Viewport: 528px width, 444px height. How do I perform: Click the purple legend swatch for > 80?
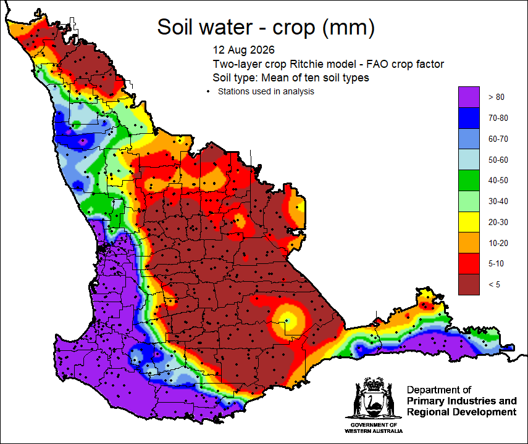pos(469,97)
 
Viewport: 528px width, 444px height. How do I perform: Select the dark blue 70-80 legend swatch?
pos(469,118)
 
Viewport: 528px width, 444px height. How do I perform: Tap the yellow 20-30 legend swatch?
pos(469,222)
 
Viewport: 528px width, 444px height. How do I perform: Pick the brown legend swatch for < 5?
pos(469,284)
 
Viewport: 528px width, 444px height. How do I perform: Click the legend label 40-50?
pos(498,180)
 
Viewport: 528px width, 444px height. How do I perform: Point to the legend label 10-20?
pos(498,243)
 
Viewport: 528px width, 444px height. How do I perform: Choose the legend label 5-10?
pos(496,263)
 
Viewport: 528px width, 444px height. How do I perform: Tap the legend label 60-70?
pos(498,139)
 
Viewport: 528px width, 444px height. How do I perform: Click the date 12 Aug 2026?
pos(243,50)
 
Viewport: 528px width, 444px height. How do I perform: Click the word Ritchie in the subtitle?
pos(304,64)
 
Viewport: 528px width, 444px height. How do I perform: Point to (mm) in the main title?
pos(348,28)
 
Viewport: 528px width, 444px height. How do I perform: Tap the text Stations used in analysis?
pos(266,91)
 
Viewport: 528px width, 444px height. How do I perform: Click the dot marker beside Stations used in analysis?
pos(208,91)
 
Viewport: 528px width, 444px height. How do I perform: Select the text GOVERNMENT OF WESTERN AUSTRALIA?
pos(374,428)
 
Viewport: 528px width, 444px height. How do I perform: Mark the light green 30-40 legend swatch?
pos(469,201)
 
